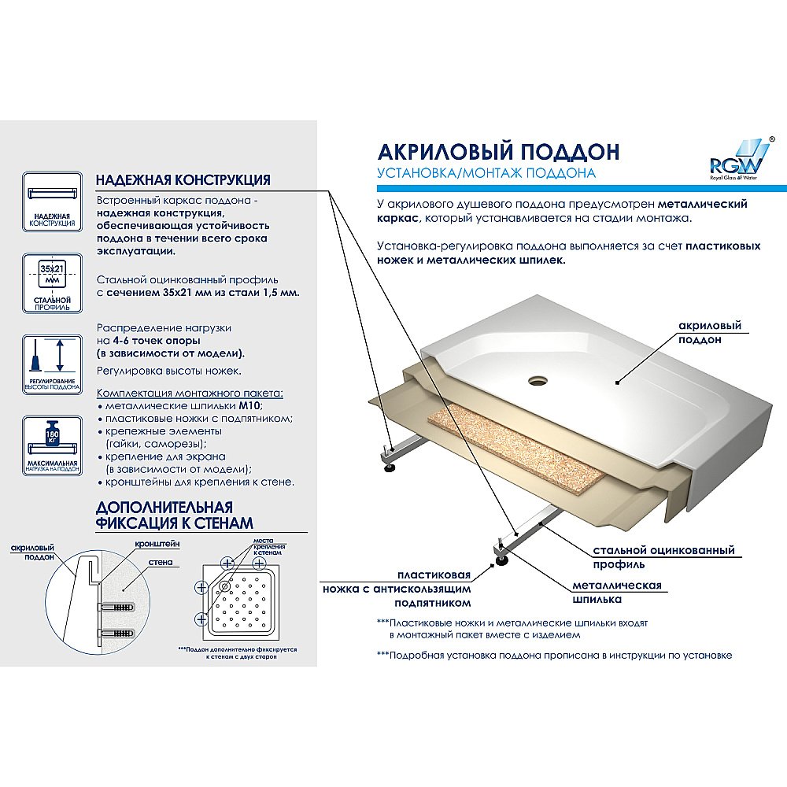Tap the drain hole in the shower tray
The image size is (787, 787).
point(538,379)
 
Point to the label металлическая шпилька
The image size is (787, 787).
point(617,592)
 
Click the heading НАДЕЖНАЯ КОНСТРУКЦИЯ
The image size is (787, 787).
point(183,180)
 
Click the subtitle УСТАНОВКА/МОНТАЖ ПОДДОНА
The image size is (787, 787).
point(486,173)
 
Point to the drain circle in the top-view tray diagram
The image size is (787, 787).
point(225,587)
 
